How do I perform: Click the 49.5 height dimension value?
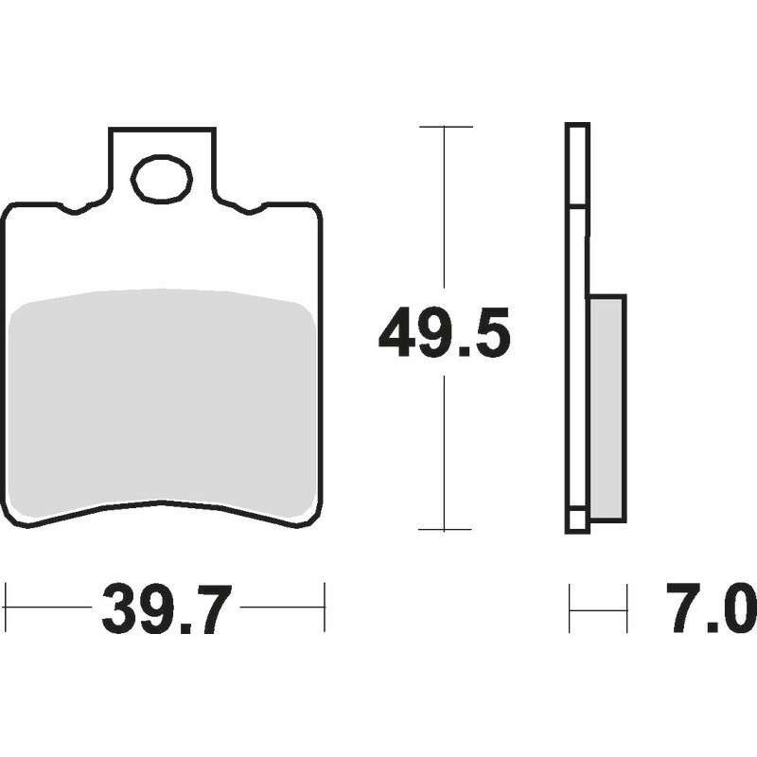tap(444, 332)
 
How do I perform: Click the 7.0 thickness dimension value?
tap(711, 607)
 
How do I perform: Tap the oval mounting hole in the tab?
tap(162, 179)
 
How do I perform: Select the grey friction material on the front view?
tap(163, 403)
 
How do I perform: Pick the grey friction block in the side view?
tap(607, 409)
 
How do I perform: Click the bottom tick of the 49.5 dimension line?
tap(445, 529)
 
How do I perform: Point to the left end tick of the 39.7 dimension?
tap(6, 607)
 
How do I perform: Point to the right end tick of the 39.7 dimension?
tap(325, 607)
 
